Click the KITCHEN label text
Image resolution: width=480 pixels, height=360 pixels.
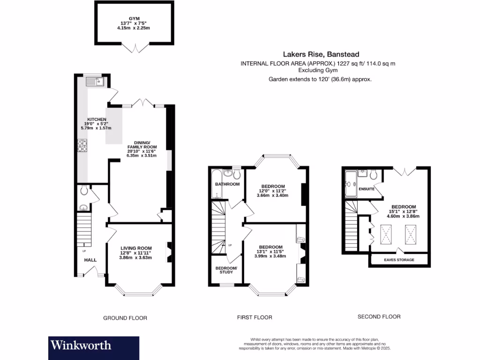pos(97,120)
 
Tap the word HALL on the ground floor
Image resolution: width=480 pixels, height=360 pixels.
pos(90,260)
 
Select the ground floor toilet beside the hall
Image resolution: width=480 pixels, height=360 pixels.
pos(84,190)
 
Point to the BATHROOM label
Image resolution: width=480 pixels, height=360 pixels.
pos(227,184)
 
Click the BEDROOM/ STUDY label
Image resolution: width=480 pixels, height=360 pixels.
pos(226,271)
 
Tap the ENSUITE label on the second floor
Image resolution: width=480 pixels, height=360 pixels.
pos(366,189)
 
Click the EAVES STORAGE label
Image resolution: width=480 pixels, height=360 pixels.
pos(399,260)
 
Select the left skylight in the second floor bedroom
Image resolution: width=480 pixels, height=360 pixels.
pos(387,233)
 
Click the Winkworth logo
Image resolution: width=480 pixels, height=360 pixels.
pos(81,346)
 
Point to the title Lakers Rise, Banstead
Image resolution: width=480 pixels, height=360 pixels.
pos(321,54)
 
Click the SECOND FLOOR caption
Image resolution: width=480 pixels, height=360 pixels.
pos(379,316)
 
